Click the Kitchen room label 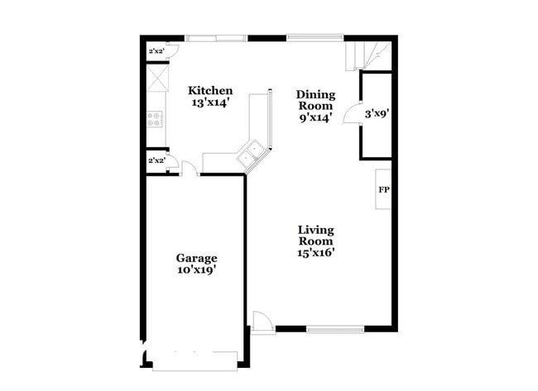coord(209,91)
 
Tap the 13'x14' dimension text coord(209,103)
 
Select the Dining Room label coord(315,100)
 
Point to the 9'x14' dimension coord(315,117)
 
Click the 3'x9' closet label coord(377,114)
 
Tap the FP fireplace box coord(384,190)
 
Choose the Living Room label coord(315,235)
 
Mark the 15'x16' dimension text coord(315,253)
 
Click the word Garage coord(196,258)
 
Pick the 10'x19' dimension coord(196,269)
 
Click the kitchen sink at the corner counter coord(251,154)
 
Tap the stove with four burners coord(155,118)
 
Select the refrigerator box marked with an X coord(156,78)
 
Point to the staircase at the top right coord(367,55)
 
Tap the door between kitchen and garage coord(190,169)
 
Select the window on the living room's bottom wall coord(335,329)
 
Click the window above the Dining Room coord(315,37)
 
